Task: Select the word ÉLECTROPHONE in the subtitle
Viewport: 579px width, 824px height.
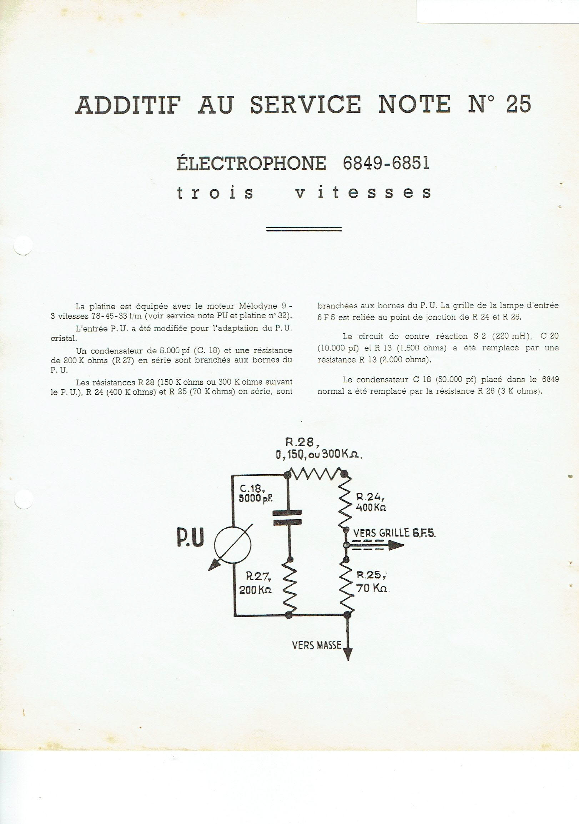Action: pos(251,163)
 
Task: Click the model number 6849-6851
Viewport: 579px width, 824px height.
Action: pos(386,163)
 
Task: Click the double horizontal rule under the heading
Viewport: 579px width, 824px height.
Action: pos(303,229)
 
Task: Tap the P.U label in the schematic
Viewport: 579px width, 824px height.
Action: pos(191,538)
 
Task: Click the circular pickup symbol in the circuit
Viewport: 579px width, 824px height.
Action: pos(233,544)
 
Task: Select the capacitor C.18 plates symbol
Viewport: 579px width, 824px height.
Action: pos(287,518)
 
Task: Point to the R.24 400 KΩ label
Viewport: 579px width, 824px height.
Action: pos(371,502)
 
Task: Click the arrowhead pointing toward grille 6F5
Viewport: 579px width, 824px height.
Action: pos(396,545)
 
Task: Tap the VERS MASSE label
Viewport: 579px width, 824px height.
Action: pos(317,646)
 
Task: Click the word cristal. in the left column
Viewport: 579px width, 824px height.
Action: pos(64,339)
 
